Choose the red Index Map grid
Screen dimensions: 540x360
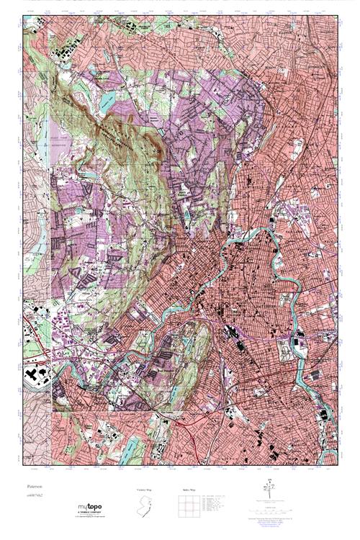(188, 505)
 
